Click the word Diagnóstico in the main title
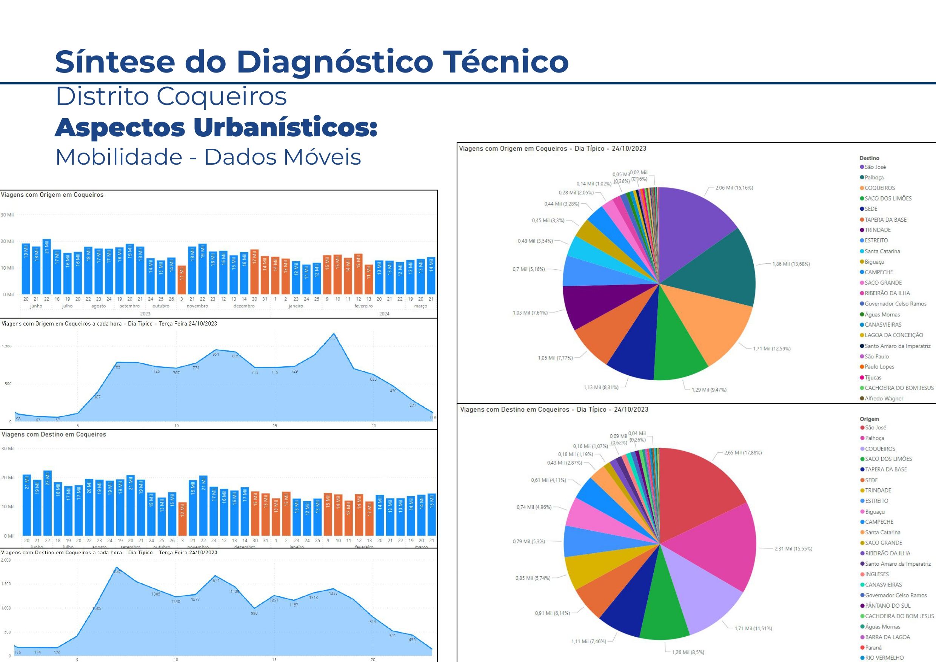pyautogui.click(x=334, y=62)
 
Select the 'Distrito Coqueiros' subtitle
pyautogui.click(x=171, y=97)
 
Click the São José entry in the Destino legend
pyautogui.click(x=875, y=167)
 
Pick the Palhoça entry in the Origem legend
pyautogui.click(x=874, y=438)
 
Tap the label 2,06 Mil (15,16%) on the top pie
pyautogui.click(x=734, y=188)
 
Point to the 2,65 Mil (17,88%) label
pyautogui.click(x=742, y=453)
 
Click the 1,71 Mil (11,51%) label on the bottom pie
pyautogui.click(x=753, y=628)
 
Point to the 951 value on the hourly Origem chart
pyautogui.click(x=216, y=354)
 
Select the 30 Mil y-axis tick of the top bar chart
pyautogui.click(x=7, y=215)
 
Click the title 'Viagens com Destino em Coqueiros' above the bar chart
pyautogui.click(x=54, y=434)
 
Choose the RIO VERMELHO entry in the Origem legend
pyautogui.click(x=884, y=657)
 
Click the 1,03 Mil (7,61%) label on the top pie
pyautogui.click(x=530, y=313)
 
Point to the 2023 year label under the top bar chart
pyautogui.click(x=145, y=314)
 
